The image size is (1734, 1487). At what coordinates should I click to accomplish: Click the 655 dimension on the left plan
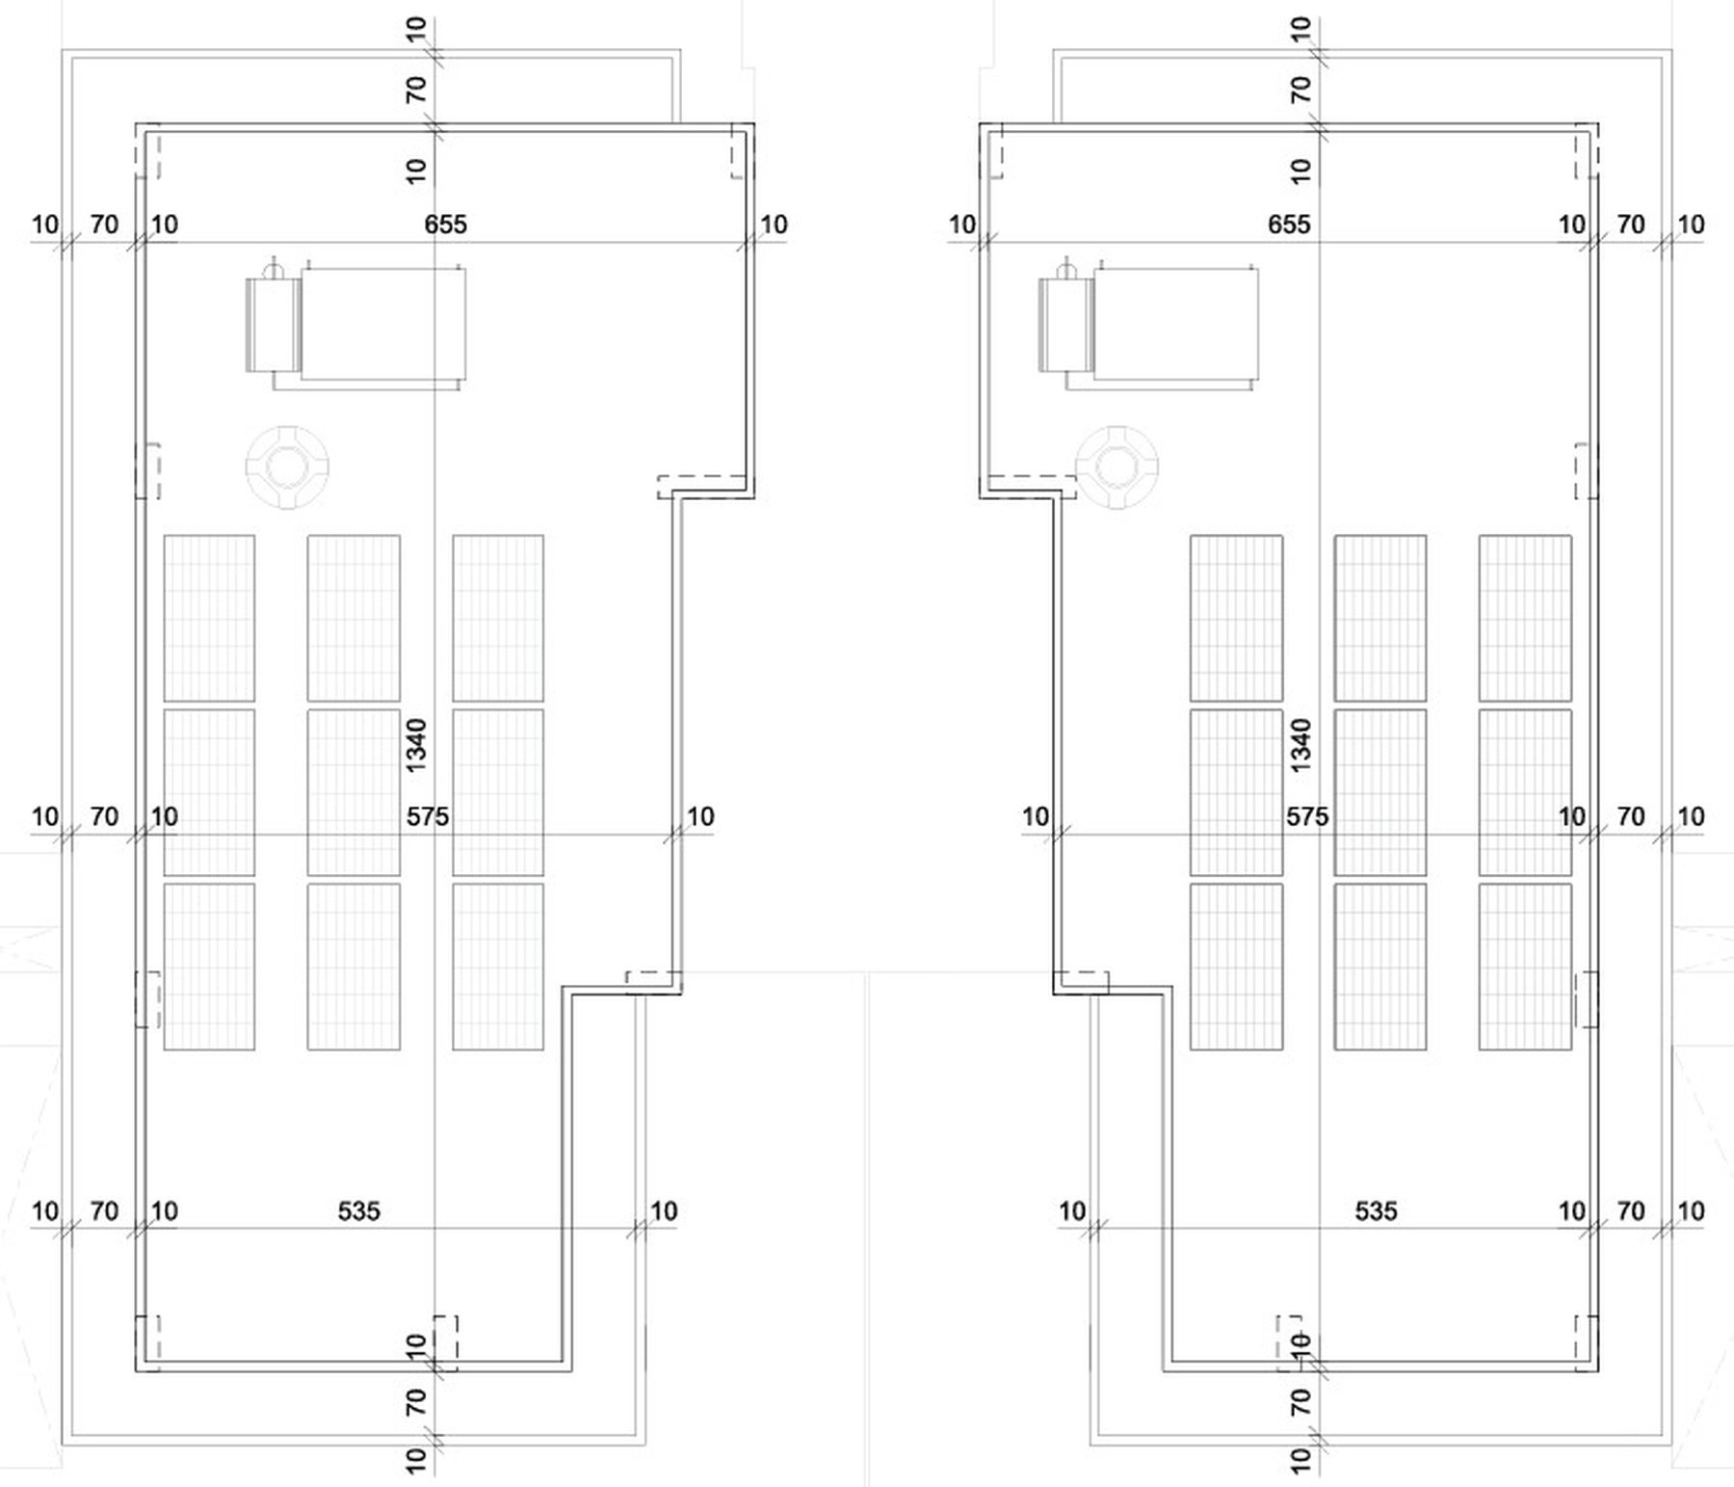[445, 225]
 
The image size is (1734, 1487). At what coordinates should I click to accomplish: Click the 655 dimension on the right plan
[1289, 225]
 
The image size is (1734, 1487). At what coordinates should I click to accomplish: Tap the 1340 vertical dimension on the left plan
[415, 745]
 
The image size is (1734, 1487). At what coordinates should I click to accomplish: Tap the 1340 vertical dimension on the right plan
[1300, 745]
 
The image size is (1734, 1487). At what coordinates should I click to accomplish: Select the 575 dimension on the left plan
[427, 816]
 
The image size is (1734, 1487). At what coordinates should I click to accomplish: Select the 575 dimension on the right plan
[1307, 816]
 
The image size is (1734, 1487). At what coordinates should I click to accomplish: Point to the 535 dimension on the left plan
[358, 1211]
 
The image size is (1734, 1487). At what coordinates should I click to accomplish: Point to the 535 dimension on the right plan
[1376, 1211]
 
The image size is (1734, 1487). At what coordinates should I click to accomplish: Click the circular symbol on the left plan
[286, 467]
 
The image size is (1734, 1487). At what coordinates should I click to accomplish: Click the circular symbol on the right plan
[1117, 467]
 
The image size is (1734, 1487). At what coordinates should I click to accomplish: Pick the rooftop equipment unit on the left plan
[355, 324]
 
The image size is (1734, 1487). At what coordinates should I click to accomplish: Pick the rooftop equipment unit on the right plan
[1148, 324]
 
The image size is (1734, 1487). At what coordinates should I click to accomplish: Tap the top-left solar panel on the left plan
[209, 618]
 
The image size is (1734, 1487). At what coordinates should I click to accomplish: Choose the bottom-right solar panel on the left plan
[498, 967]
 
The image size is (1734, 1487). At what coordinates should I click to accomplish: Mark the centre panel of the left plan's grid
[354, 792]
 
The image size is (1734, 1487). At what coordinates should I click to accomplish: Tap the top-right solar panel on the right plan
[1525, 618]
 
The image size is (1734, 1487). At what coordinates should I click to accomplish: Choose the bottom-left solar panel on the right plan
[1236, 967]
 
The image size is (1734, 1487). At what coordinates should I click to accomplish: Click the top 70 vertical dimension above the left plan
[415, 91]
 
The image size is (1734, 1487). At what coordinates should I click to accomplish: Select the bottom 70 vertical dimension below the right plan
[1300, 1401]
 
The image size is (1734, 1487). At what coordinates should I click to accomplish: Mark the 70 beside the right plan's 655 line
[1630, 225]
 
